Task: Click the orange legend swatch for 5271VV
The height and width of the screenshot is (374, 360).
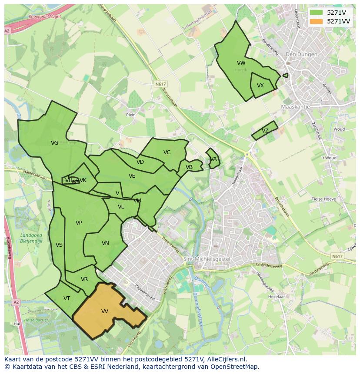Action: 317,21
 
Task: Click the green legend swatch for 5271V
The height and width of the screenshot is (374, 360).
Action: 317,13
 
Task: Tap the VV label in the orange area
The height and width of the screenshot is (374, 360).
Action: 105,311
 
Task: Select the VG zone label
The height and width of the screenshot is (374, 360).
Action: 54,143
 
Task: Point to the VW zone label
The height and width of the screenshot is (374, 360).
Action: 241,63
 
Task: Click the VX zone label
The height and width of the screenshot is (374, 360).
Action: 260,86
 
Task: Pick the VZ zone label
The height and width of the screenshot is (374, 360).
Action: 265,131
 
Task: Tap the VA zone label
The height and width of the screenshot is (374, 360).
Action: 213,159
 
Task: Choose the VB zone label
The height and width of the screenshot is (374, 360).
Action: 189,167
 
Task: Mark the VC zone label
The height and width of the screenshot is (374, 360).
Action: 167,152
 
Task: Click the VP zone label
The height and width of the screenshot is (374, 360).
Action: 79,223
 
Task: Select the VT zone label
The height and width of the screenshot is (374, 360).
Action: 67,298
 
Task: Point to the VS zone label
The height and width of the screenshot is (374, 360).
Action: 59,245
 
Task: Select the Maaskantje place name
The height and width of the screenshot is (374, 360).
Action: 295,106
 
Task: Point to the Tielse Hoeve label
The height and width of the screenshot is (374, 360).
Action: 324,199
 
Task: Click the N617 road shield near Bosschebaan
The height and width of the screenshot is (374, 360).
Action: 160,84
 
